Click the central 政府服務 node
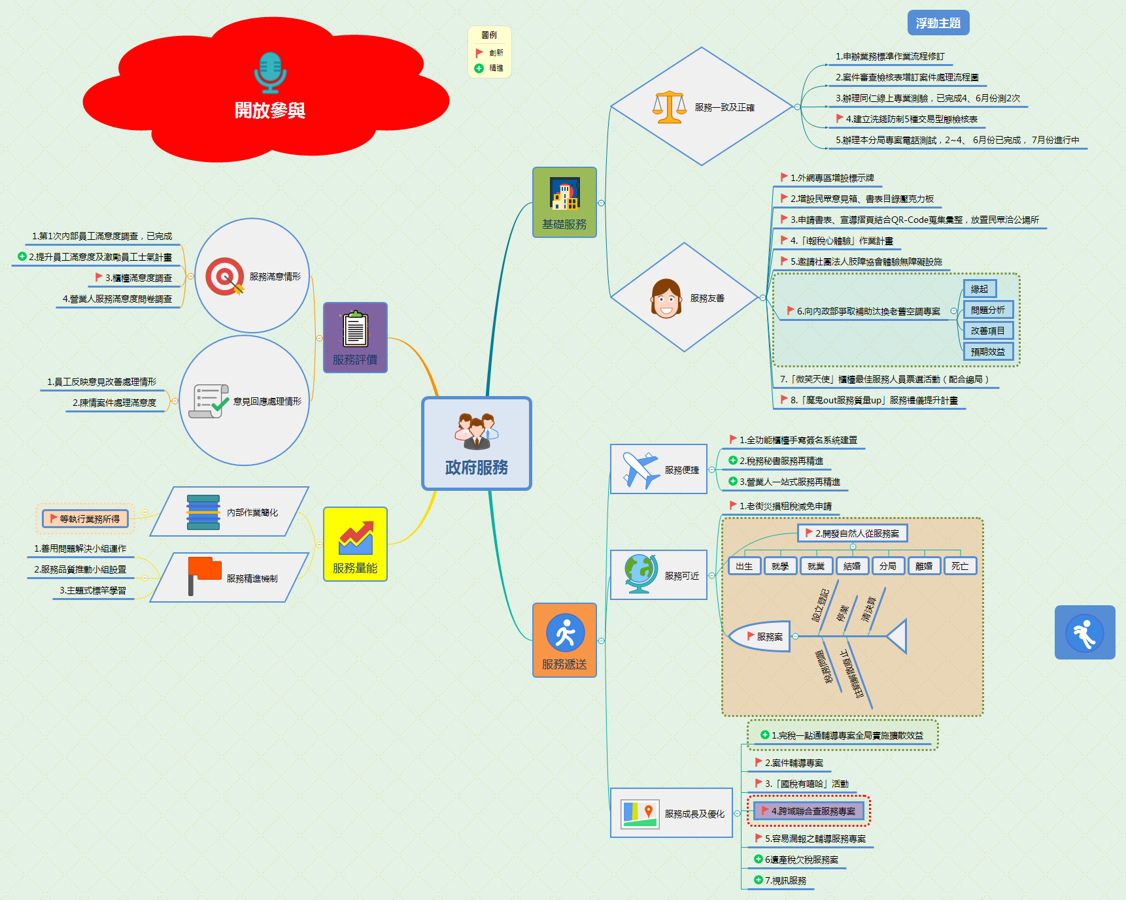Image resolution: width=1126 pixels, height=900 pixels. click(x=476, y=443)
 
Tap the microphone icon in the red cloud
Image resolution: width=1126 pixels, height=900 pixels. click(x=269, y=72)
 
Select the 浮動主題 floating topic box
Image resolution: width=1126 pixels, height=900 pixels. click(x=938, y=23)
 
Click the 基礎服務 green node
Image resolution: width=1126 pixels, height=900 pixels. click(x=564, y=202)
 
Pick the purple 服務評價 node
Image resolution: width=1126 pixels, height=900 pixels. click(x=355, y=337)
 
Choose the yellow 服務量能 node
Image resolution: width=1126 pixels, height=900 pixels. click(x=355, y=544)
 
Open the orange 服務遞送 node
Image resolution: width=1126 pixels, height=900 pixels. click(x=564, y=640)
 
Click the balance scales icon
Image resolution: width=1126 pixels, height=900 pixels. click(x=669, y=107)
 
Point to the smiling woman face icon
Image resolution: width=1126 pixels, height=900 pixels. click(x=666, y=299)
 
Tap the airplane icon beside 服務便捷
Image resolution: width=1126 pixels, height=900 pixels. click(x=640, y=469)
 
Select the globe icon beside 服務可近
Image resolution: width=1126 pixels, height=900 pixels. click(x=640, y=574)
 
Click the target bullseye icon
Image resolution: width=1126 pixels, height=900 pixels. click(x=224, y=276)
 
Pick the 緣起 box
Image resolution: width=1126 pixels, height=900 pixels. click(x=979, y=289)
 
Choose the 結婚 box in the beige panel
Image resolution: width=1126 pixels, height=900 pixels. click(x=851, y=566)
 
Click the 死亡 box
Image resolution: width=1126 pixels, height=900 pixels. click(x=959, y=566)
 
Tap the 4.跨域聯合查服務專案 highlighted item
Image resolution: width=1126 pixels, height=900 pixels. click(x=809, y=811)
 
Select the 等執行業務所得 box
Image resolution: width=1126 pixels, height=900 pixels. click(x=86, y=519)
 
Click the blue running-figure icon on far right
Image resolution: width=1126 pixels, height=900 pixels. click(x=1084, y=633)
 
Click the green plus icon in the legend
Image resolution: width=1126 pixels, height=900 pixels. click(x=479, y=69)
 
